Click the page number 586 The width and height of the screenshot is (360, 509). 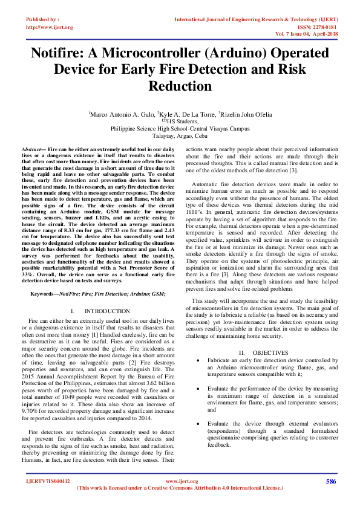tap(331, 481)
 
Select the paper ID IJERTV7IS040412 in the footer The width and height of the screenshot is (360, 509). tap(48, 481)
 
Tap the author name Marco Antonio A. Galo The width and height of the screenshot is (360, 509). tap(120, 114)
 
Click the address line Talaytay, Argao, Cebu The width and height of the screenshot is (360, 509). tap(180, 136)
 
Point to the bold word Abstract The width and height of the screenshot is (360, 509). tap(33, 149)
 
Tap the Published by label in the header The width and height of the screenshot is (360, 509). tap(42, 19)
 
